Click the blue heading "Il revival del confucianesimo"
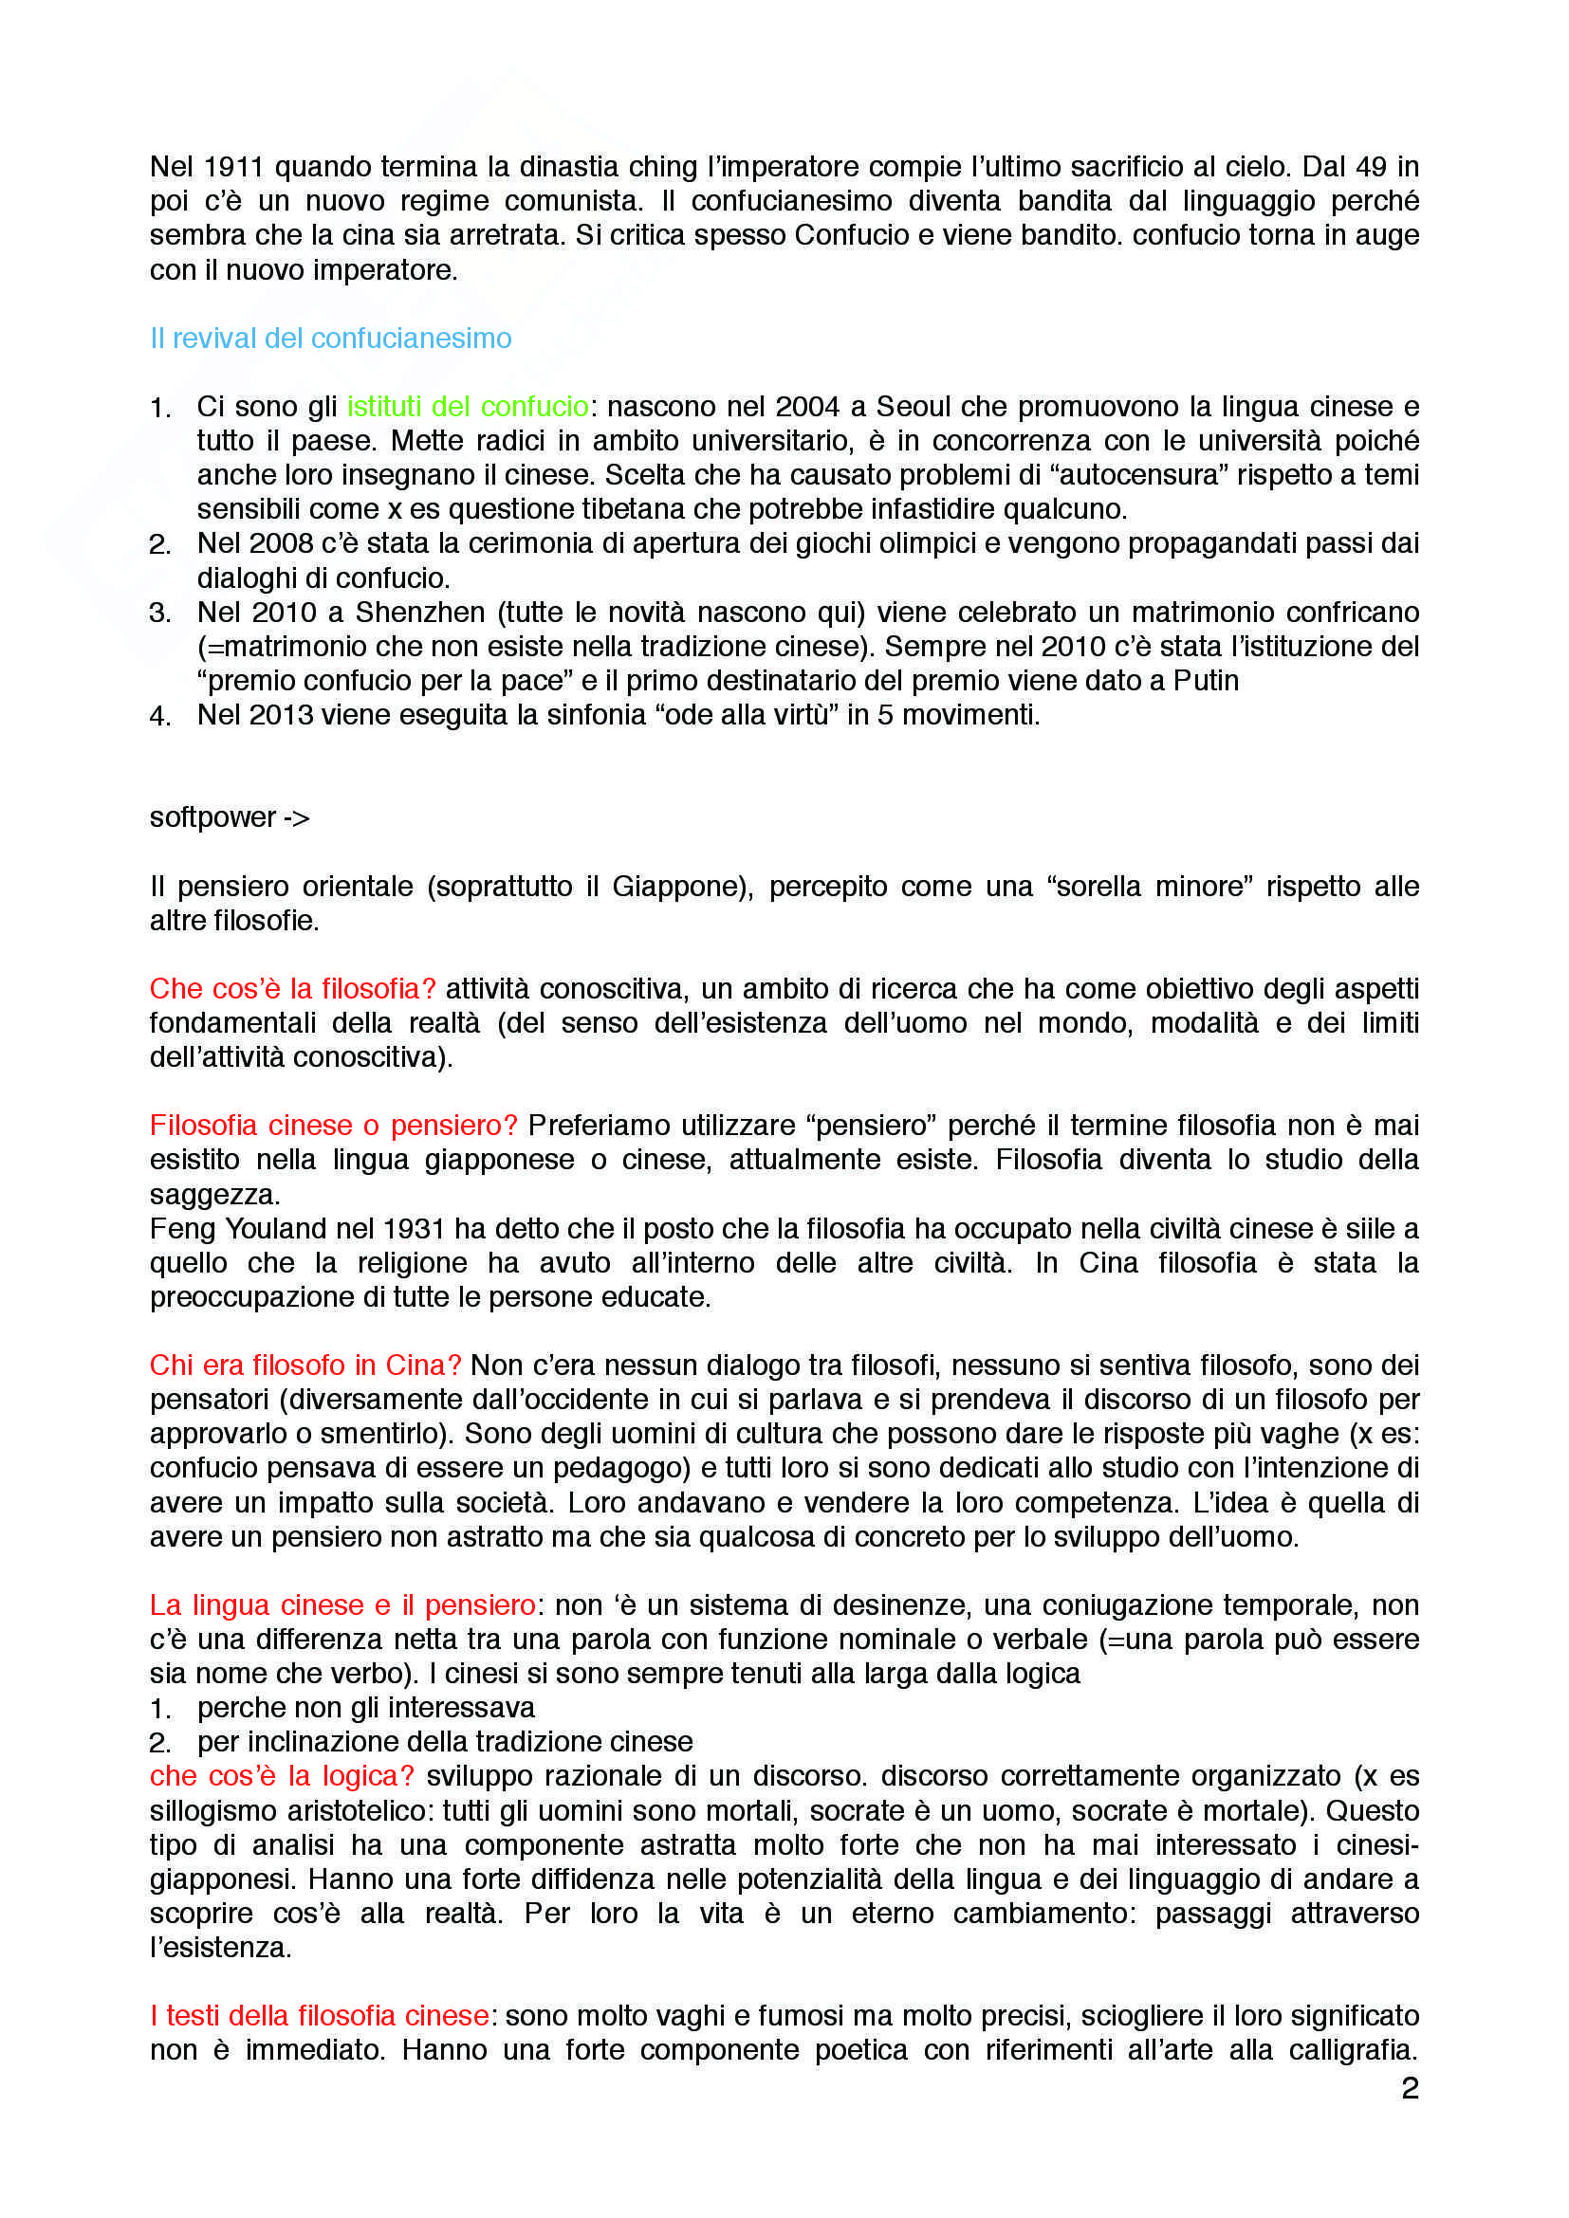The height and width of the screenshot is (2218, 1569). (330, 339)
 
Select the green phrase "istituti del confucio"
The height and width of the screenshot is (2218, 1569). (468, 407)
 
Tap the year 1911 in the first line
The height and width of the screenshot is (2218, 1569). (233, 167)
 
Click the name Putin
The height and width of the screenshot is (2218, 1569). (1206, 681)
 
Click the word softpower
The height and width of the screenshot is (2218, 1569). (212, 818)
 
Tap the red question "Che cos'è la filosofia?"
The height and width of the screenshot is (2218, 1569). (293, 989)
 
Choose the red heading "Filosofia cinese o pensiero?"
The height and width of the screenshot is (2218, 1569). (333, 1126)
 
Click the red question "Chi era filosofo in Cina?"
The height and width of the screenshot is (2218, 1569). (305, 1365)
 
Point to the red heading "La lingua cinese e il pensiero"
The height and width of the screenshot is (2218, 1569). (343, 1605)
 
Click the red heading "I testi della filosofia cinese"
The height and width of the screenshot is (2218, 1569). (320, 2016)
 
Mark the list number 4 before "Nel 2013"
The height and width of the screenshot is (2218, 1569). (159, 717)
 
